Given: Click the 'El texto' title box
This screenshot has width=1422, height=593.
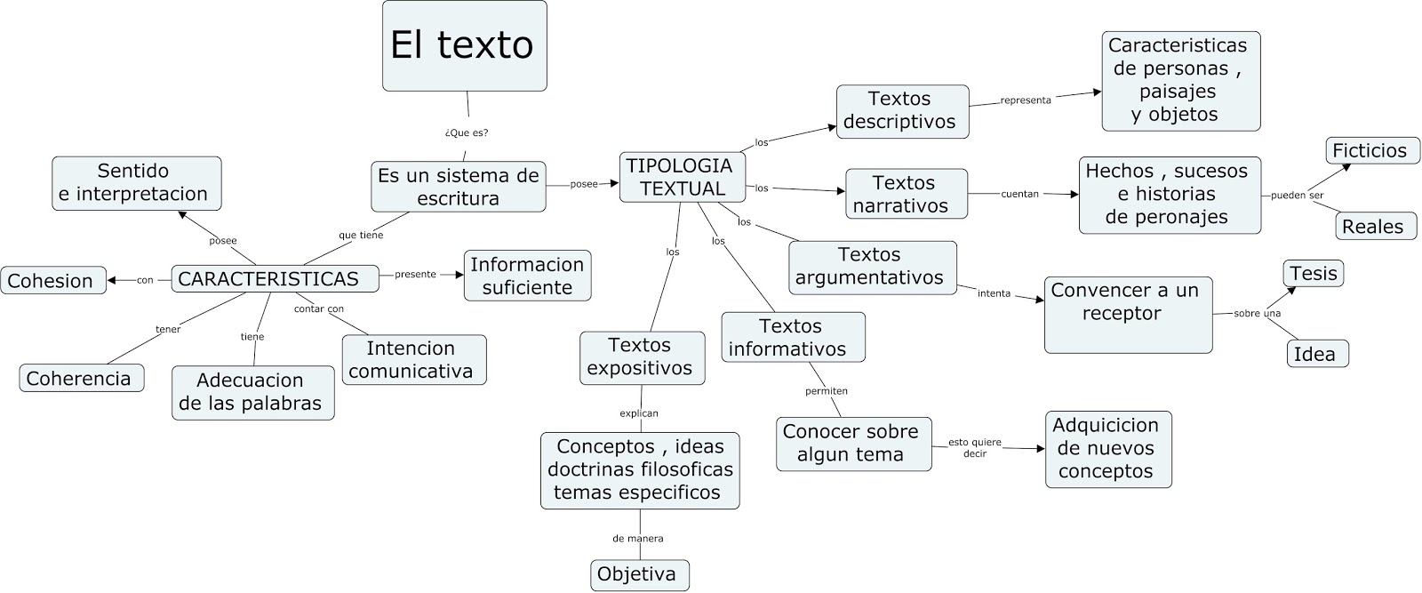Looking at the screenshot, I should [x=464, y=46].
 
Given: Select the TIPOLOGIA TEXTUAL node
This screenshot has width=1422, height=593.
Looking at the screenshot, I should [x=682, y=177].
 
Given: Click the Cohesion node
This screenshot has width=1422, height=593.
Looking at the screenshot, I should [x=52, y=281].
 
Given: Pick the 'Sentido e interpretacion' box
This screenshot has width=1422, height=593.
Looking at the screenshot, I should [x=136, y=183].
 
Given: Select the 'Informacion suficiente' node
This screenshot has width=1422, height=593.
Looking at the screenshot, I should [x=527, y=276].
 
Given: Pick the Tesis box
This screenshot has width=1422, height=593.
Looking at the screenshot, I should [x=1313, y=273].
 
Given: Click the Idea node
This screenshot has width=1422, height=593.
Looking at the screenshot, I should [x=1316, y=354].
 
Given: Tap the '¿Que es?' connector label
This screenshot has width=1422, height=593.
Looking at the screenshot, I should [x=466, y=133].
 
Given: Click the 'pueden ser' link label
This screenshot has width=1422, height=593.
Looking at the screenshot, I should [x=1297, y=196].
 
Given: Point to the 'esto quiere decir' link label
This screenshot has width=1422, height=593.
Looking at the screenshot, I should [x=974, y=447].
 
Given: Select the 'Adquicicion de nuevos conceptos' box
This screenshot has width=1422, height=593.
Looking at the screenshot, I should [x=1107, y=449].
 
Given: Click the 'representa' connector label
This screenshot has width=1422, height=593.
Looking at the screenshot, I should [x=1025, y=100].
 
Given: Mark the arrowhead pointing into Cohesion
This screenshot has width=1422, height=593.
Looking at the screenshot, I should [x=112, y=281].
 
